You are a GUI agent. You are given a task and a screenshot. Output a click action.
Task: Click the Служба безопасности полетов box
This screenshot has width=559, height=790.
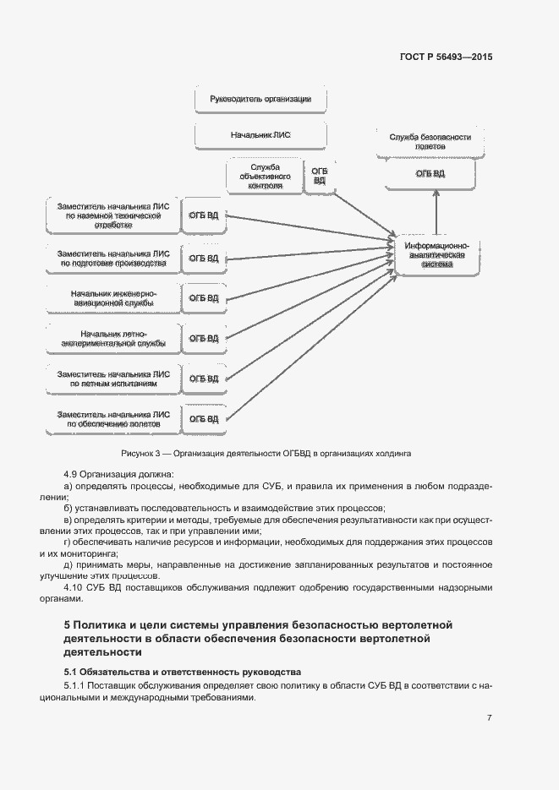point(430,141)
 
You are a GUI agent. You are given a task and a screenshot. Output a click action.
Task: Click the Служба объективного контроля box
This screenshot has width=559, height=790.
point(265,176)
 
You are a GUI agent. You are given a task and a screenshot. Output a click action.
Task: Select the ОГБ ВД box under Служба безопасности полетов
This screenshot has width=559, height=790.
point(430,174)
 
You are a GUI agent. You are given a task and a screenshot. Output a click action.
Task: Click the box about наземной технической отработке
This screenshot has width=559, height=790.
point(112,215)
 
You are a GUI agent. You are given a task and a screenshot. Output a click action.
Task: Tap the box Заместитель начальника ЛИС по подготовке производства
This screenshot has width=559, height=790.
point(112,258)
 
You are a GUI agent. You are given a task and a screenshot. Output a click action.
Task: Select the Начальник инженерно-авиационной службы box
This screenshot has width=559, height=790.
point(112,297)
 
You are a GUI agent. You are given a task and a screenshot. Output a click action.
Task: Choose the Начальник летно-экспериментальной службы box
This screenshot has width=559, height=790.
point(112,338)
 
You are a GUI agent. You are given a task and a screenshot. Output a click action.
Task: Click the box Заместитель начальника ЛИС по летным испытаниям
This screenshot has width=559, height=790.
point(112,379)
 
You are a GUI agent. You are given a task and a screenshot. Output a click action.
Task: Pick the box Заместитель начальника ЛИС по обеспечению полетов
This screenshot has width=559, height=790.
point(112,418)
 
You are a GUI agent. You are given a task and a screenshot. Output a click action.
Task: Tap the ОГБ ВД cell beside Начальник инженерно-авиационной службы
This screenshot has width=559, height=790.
point(203,297)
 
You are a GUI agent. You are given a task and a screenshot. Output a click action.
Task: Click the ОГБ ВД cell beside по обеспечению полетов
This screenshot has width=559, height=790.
point(203,418)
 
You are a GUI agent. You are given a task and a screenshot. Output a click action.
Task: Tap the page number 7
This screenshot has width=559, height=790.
point(489,717)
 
